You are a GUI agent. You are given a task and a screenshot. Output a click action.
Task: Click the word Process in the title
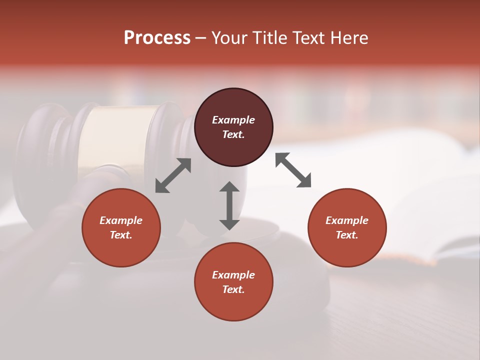[157, 38]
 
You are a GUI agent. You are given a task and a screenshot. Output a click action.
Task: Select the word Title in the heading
[270, 38]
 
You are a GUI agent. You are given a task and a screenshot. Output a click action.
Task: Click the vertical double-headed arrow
[229, 205]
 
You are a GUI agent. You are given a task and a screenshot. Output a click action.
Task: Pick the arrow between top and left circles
[173, 175]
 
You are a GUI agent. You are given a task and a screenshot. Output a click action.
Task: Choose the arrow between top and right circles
[293, 170]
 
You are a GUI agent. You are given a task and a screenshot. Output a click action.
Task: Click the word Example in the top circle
[233, 120]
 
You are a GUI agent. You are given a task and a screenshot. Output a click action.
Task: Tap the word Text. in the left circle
[121, 235]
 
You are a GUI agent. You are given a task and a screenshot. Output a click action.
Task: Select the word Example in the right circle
[347, 220]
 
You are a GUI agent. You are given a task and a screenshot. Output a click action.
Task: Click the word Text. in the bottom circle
[233, 289]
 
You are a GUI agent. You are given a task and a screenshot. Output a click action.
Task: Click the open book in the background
[400, 200]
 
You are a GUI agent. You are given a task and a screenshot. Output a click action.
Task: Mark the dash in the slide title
[201, 38]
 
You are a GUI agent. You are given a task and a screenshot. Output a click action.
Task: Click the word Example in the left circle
[121, 220]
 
